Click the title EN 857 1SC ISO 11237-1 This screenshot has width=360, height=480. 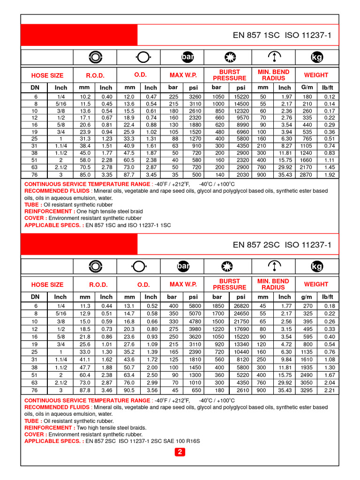tap(282, 35)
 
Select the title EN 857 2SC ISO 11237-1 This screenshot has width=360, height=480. tap(282, 245)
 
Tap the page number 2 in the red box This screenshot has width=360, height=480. tap(180, 452)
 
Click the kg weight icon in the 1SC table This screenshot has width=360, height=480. tap(317, 57)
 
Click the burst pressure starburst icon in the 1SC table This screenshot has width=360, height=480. tap(229, 57)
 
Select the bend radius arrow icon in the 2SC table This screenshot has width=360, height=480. tap(273, 266)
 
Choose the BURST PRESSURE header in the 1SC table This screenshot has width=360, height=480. tap(229, 75)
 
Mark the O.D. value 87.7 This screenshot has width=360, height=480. tap(129, 175)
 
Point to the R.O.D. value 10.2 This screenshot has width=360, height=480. tap(85, 97)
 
